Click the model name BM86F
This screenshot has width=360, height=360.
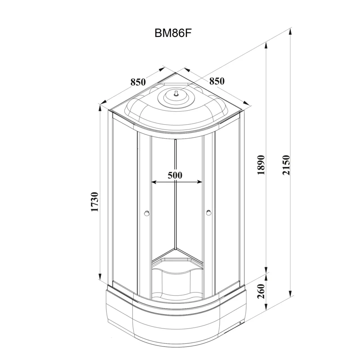(173, 33)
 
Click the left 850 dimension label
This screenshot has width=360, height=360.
(138, 82)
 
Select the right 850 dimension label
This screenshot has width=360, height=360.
(217, 81)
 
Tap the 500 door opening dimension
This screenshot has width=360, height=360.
(175, 175)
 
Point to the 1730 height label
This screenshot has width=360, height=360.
(95, 202)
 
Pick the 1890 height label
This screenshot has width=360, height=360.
(261, 165)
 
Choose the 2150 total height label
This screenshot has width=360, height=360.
(286, 165)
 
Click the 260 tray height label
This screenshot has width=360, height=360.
(261, 291)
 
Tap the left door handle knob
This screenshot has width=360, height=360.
(147, 213)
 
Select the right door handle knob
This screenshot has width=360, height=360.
(209, 212)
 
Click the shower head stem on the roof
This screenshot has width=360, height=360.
(176, 93)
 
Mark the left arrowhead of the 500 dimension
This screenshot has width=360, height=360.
(154, 182)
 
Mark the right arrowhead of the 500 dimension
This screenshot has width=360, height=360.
(200, 182)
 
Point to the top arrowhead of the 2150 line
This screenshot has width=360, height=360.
(290, 31)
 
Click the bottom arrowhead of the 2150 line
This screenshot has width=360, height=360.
(290, 293)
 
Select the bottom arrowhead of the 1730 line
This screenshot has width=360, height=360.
(100, 276)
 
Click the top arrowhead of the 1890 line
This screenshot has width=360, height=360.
(266, 45)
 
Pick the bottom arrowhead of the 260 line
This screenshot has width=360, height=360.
(266, 306)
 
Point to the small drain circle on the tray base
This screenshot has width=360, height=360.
(240, 323)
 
